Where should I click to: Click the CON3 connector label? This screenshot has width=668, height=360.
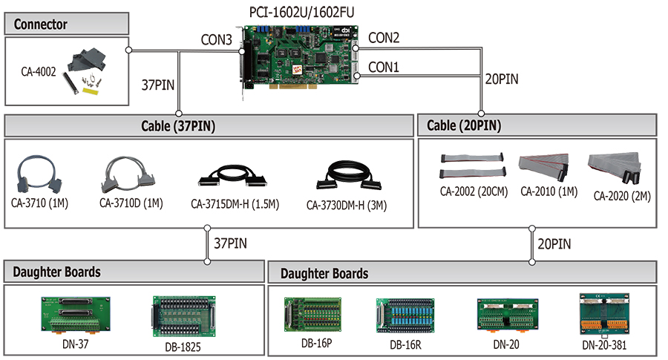point(217,39)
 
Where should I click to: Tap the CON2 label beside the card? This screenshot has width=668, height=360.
point(384,38)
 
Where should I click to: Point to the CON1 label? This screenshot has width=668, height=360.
point(384,67)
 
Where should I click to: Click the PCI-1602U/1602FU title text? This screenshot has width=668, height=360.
point(301,12)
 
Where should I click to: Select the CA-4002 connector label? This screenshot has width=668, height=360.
point(39,71)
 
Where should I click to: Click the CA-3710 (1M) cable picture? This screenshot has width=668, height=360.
point(39,174)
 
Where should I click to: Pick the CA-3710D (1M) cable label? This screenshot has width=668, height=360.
point(131,203)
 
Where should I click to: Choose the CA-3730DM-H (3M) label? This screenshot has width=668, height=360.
point(347,206)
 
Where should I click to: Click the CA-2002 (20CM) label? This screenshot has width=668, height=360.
point(474,192)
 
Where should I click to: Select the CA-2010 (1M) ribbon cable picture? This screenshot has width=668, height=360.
point(544,166)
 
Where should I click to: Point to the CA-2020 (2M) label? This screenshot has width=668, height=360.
point(622,196)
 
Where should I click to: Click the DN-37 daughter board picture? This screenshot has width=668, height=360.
point(76,315)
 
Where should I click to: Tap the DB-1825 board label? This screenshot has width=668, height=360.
point(183,347)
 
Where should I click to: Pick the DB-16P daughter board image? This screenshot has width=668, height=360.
point(313,315)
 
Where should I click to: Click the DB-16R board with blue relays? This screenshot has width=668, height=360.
point(405,315)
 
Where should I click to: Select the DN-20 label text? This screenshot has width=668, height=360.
point(506,344)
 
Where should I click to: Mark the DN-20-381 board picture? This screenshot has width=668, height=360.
point(604,315)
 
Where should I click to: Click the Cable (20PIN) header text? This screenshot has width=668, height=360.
point(464,125)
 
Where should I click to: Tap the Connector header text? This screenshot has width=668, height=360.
point(41,24)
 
